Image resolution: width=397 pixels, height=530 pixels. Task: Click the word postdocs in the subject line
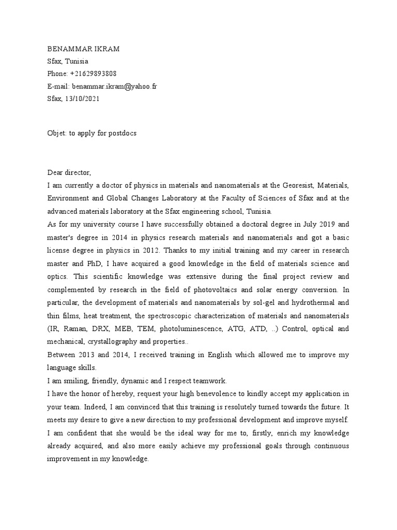[121, 132]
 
